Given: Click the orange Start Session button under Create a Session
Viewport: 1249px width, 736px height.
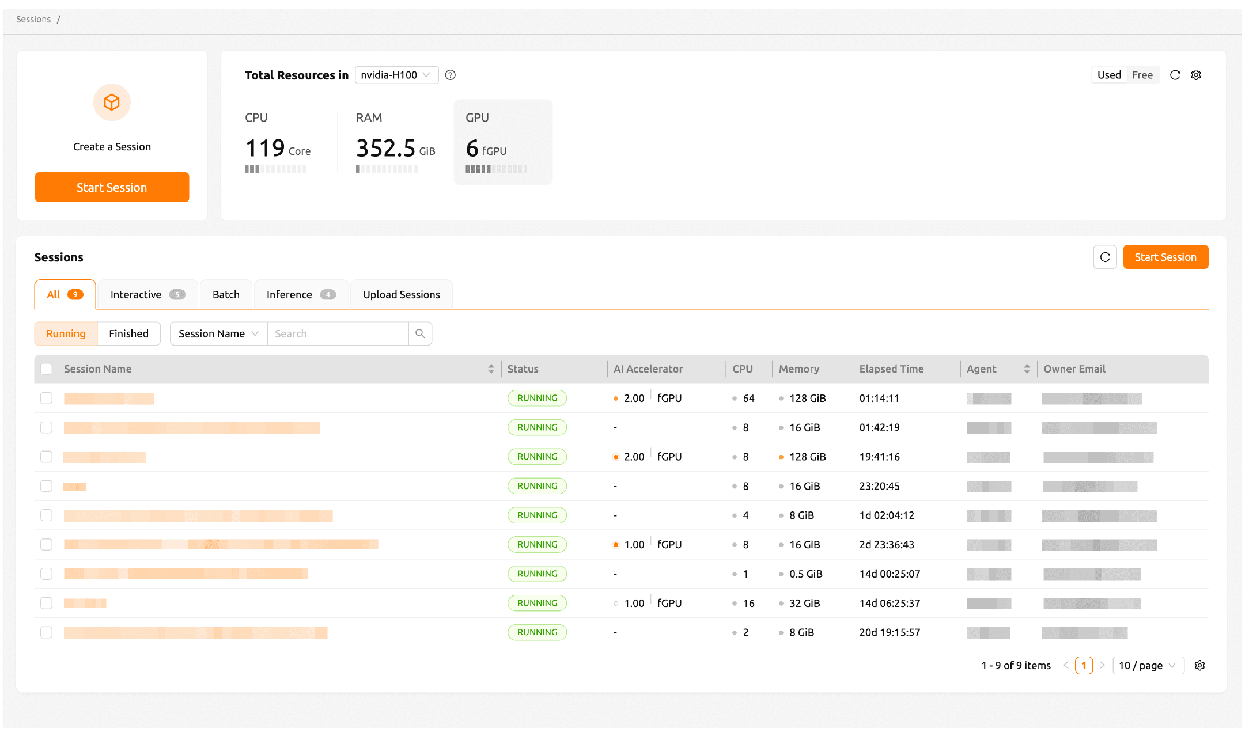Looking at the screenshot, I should click(112, 187).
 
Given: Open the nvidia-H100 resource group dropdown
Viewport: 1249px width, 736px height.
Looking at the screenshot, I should click(396, 75).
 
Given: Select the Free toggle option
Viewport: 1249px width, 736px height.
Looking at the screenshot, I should click(1142, 75).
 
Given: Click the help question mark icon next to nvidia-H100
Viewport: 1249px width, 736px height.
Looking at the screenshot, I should click(451, 75).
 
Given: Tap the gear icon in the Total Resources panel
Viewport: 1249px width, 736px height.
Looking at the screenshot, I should click(1196, 75).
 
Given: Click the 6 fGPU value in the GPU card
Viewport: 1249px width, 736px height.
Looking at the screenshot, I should click(486, 149).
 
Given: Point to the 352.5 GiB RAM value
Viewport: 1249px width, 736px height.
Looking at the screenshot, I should click(395, 149).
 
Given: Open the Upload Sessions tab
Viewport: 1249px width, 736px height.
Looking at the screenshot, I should click(401, 294).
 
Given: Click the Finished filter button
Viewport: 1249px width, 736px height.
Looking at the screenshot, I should click(128, 333).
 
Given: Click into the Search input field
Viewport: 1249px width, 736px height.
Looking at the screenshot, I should click(338, 333).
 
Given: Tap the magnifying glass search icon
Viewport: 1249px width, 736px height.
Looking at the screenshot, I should click(420, 333).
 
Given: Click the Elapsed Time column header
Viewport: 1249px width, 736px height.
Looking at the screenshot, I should click(891, 369).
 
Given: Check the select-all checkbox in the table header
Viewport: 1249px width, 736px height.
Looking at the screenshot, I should click(47, 369).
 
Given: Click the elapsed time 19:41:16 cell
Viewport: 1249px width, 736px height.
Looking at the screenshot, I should click(879, 457).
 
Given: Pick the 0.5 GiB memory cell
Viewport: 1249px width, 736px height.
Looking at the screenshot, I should click(805, 574).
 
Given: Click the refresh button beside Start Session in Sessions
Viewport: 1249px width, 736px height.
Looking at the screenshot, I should click(1104, 257).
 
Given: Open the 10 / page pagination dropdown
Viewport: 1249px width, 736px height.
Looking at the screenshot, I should click(1147, 665).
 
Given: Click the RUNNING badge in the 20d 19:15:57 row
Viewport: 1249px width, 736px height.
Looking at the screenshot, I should click(537, 632).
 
